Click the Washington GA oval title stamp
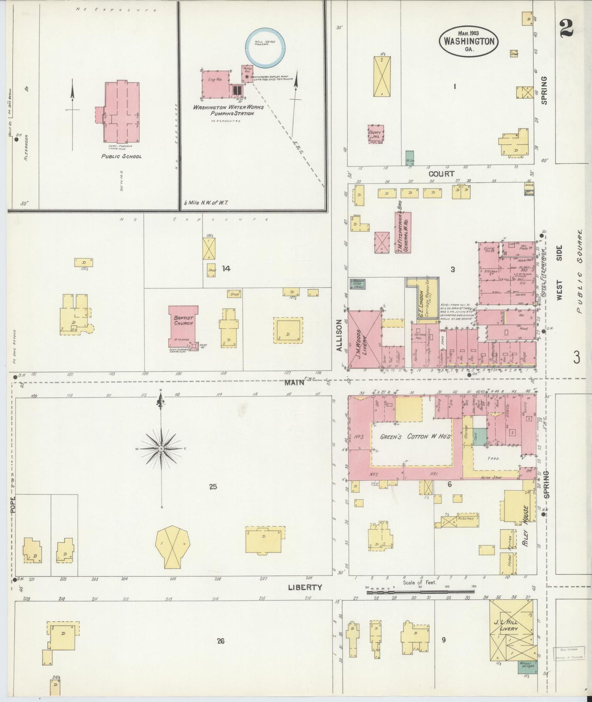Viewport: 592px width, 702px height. click(469, 41)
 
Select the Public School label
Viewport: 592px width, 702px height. click(122, 156)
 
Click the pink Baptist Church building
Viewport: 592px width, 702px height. click(183, 326)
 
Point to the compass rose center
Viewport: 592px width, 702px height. click(162, 449)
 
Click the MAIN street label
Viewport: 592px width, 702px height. click(295, 383)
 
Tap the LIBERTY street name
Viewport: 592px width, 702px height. click(305, 587)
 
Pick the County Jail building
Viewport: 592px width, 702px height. click(375, 134)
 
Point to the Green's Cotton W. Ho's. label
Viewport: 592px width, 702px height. click(415, 437)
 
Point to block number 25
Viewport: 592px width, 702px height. click(213, 487)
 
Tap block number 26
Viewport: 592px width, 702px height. click(220, 641)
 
